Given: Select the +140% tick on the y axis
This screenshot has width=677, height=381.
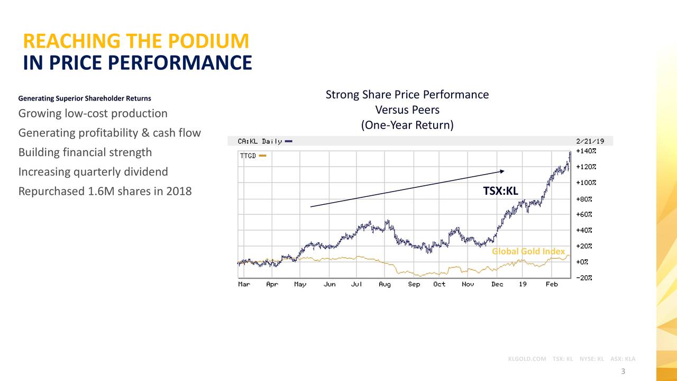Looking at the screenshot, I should [x=586, y=151].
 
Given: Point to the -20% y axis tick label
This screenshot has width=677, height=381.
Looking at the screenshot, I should [x=584, y=278].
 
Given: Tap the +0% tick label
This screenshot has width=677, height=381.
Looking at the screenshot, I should [x=582, y=262].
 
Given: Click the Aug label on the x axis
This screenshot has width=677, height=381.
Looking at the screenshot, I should [x=385, y=284].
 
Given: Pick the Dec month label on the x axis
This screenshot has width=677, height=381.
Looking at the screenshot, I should [x=497, y=284].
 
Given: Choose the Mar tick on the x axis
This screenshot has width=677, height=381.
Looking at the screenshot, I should [x=244, y=284].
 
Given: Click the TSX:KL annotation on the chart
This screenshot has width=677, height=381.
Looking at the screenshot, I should [x=500, y=191].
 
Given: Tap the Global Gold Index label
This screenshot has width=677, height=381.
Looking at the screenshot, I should [x=528, y=251].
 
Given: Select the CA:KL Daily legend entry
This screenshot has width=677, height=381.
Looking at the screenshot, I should [x=260, y=141].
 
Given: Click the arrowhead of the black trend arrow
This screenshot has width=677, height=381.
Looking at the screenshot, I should [x=502, y=171].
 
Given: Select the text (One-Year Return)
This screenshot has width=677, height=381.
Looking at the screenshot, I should [x=407, y=125].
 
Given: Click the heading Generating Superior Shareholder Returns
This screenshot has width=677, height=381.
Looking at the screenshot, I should [x=85, y=98].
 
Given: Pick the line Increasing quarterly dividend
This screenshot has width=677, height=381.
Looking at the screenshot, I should [x=93, y=172].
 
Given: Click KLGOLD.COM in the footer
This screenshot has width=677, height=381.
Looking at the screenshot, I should [x=527, y=359].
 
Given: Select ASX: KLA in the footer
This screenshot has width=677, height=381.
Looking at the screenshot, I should [x=623, y=359].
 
